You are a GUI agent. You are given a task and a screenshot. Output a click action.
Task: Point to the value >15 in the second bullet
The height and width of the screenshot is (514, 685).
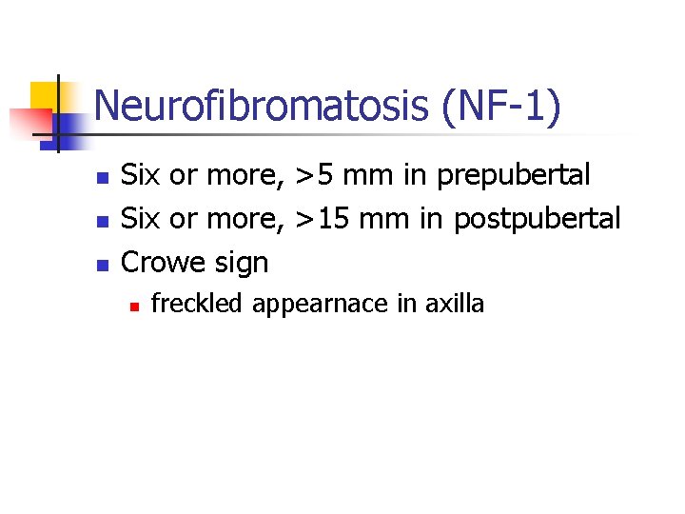(x=323, y=219)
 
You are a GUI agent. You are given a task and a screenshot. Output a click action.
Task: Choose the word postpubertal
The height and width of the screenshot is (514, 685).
(x=537, y=219)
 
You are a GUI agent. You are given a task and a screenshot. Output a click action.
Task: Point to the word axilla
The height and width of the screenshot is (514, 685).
(x=454, y=304)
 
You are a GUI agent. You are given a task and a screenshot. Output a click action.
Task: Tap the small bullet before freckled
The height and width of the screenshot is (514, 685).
(x=133, y=306)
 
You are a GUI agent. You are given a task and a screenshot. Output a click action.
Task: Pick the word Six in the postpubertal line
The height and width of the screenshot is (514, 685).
(x=142, y=219)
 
